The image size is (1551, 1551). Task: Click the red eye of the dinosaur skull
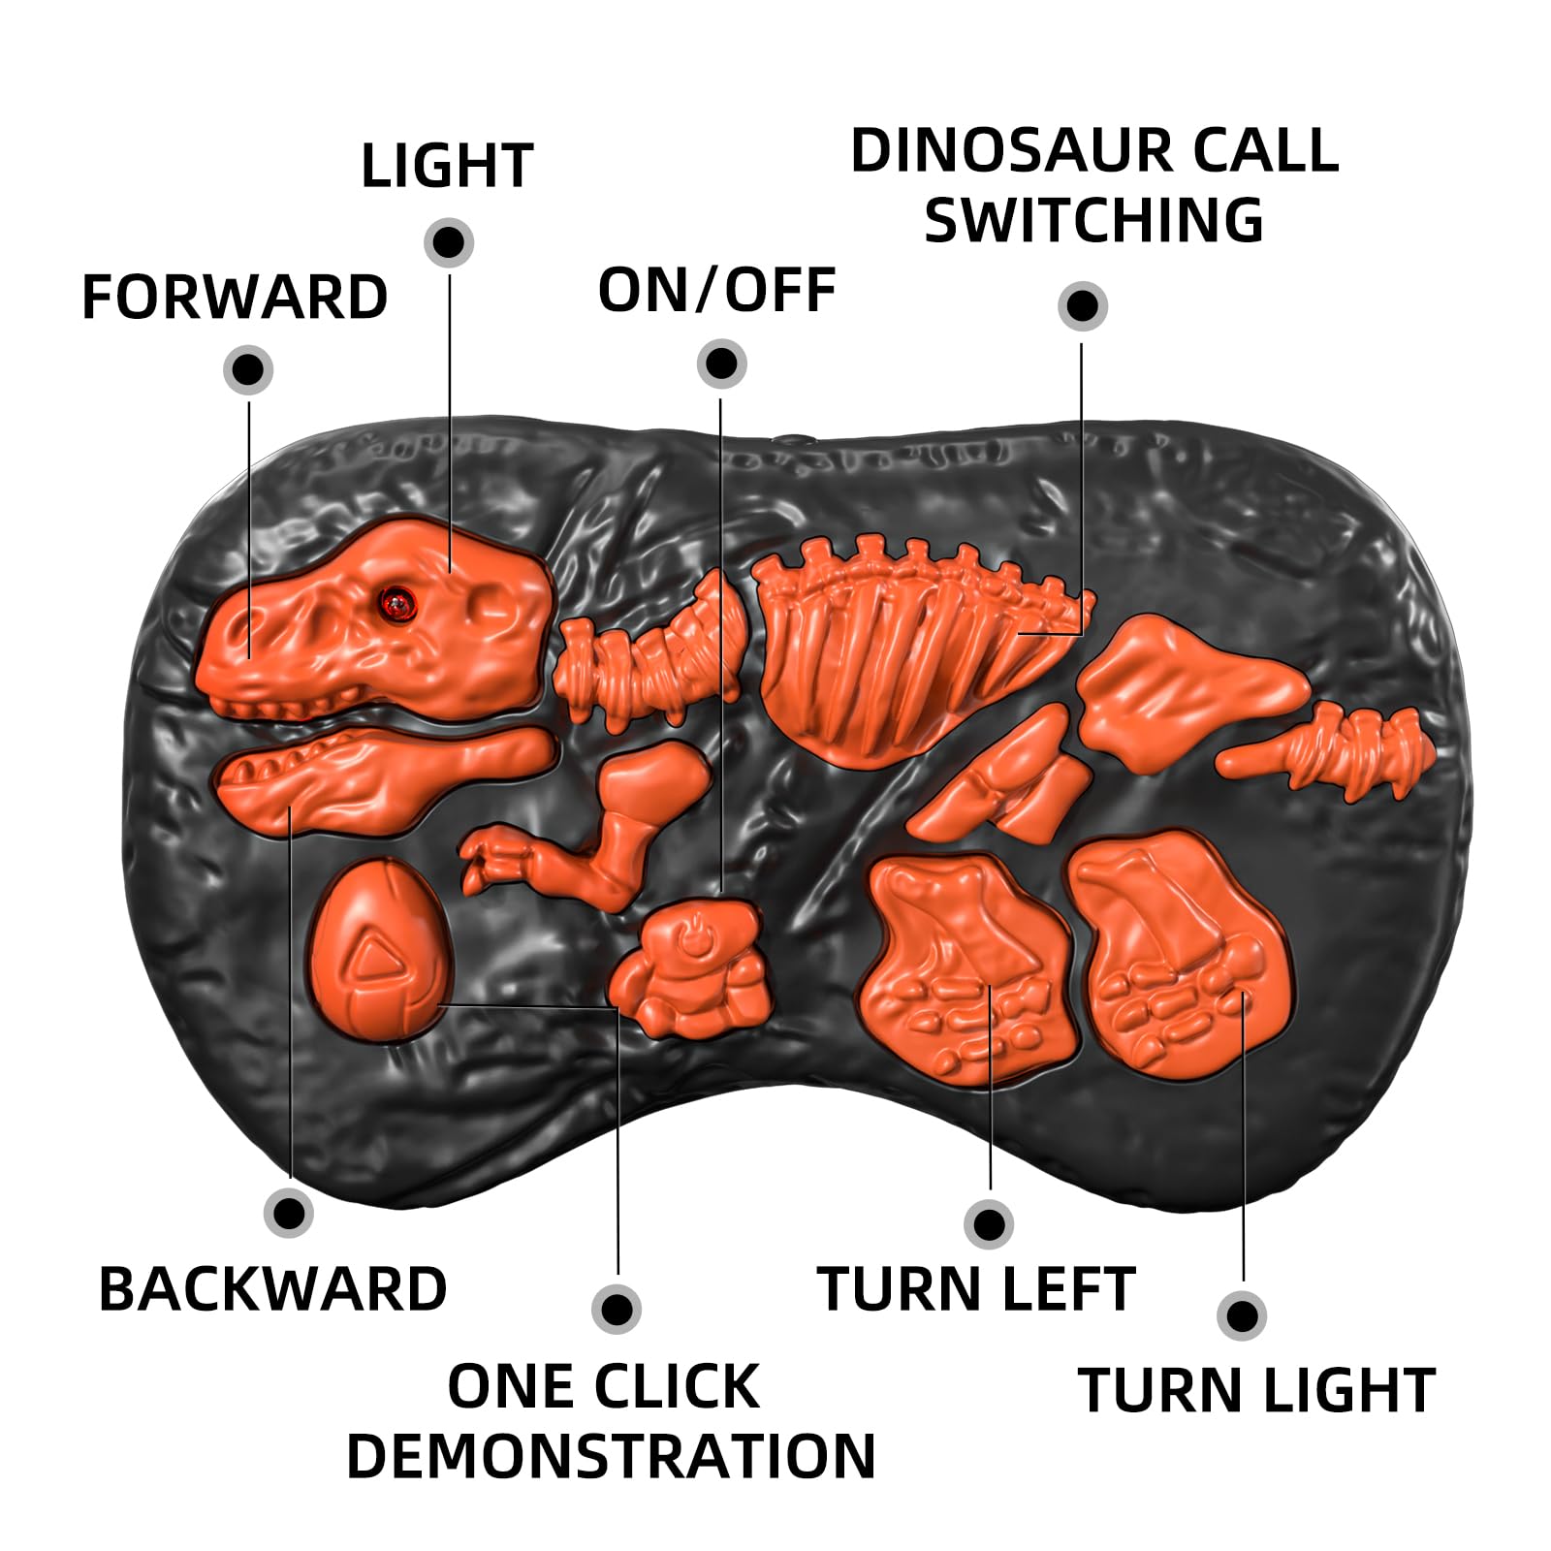pyautogui.click(x=396, y=603)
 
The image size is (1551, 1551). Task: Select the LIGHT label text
pyautogui.click(x=447, y=166)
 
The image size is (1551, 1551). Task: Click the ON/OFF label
pyautogui.click(x=717, y=290)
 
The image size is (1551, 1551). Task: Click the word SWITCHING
pyautogui.click(x=1093, y=221)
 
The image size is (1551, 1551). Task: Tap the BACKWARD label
pyautogui.click(x=272, y=1289)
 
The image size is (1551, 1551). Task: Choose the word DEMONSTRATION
pyautogui.click(x=611, y=1456)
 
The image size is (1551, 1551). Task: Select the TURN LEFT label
pyautogui.click(x=976, y=1289)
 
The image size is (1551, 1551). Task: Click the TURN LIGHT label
pyautogui.click(x=1256, y=1390)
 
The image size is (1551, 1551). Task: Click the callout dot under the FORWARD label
pyautogui.click(x=248, y=369)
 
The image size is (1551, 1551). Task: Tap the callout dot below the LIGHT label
pyautogui.click(x=449, y=241)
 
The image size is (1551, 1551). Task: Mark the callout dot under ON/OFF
pyautogui.click(x=721, y=364)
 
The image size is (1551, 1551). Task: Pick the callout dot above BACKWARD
pyautogui.click(x=289, y=1213)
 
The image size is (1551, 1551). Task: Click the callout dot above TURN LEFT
pyautogui.click(x=989, y=1224)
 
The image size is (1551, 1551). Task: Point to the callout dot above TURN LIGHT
pyautogui.click(x=1242, y=1315)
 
